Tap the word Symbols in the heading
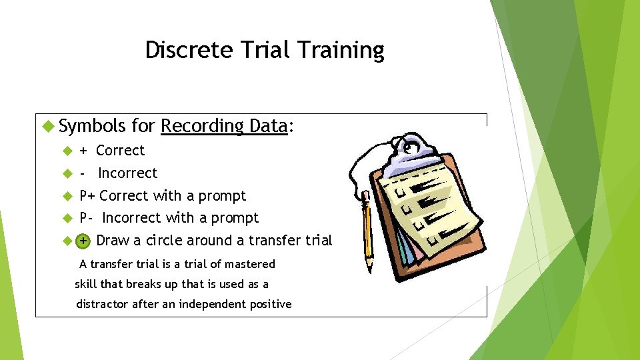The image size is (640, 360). (92, 125)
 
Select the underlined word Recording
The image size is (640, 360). (203, 125)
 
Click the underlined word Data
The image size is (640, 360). (267, 125)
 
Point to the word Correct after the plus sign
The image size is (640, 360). (120, 151)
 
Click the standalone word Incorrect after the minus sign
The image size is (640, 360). (127, 173)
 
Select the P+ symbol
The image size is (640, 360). (87, 196)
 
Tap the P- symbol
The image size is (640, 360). (87, 218)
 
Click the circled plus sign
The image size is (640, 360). (83, 241)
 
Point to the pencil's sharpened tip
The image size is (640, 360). (369, 269)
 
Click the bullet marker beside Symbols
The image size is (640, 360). (47, 125)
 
